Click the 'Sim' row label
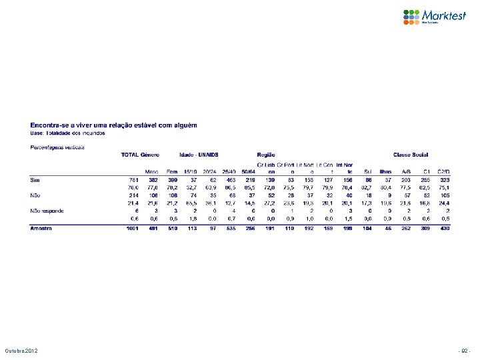tap(35, 179)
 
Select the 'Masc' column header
tap(151, 171)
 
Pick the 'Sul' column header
tap(368, 171)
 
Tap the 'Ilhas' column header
tap(385, 171)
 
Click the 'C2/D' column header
tap(443, 171)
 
